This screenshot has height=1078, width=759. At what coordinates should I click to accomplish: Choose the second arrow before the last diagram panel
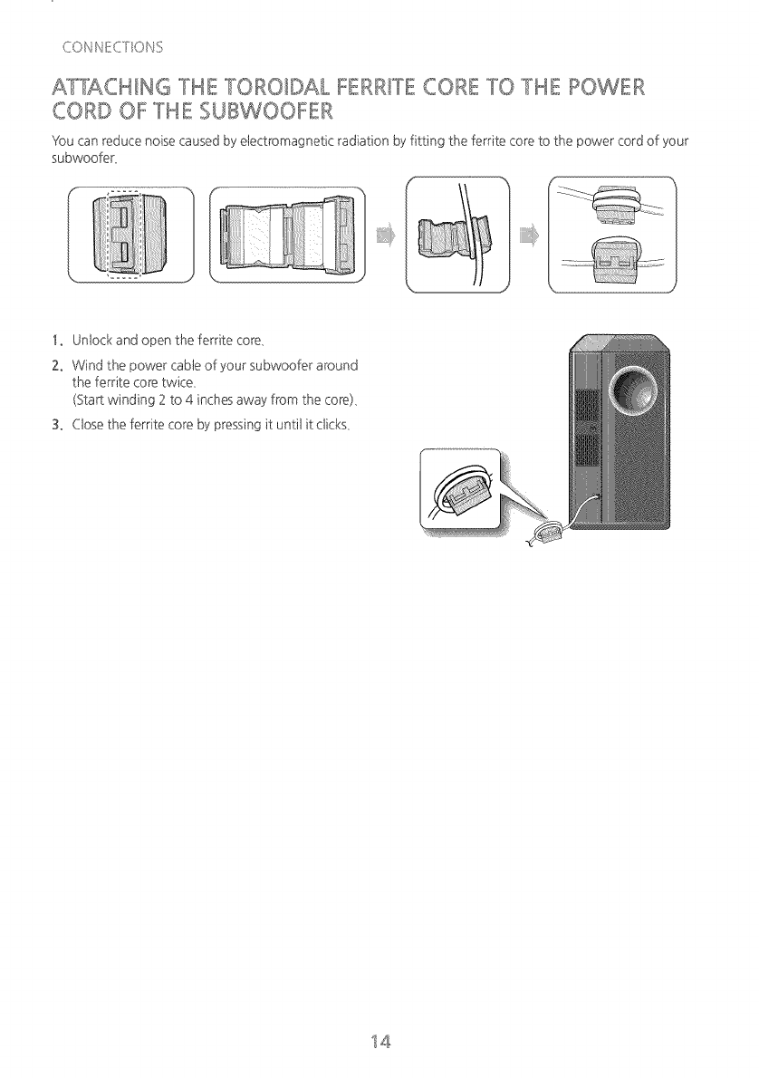(x=529, y=237)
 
